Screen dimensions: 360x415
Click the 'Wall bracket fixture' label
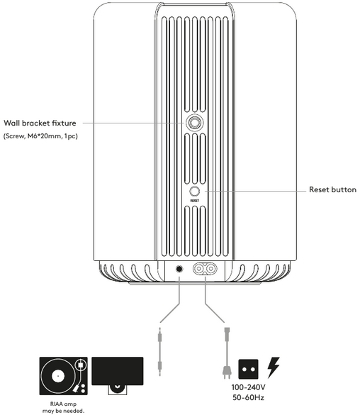40,123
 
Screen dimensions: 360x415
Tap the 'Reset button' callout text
333,190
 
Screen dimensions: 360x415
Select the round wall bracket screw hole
195,123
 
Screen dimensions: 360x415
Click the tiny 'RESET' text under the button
195,201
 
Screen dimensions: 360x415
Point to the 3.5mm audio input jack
179,269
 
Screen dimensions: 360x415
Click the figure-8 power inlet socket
205,269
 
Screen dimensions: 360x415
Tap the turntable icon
64,376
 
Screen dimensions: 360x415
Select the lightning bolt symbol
274,367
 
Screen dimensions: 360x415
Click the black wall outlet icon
248,369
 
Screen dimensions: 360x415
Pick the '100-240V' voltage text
249,387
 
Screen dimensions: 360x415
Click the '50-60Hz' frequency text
249,397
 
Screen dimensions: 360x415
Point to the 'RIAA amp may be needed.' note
63,408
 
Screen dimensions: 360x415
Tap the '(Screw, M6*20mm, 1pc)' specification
40,136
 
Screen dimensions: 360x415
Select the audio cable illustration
159,352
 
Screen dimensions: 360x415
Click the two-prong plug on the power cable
227,372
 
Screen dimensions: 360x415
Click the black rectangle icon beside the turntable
118,371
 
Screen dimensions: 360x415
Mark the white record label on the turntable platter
57,376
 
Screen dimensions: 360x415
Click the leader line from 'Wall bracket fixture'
133,123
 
